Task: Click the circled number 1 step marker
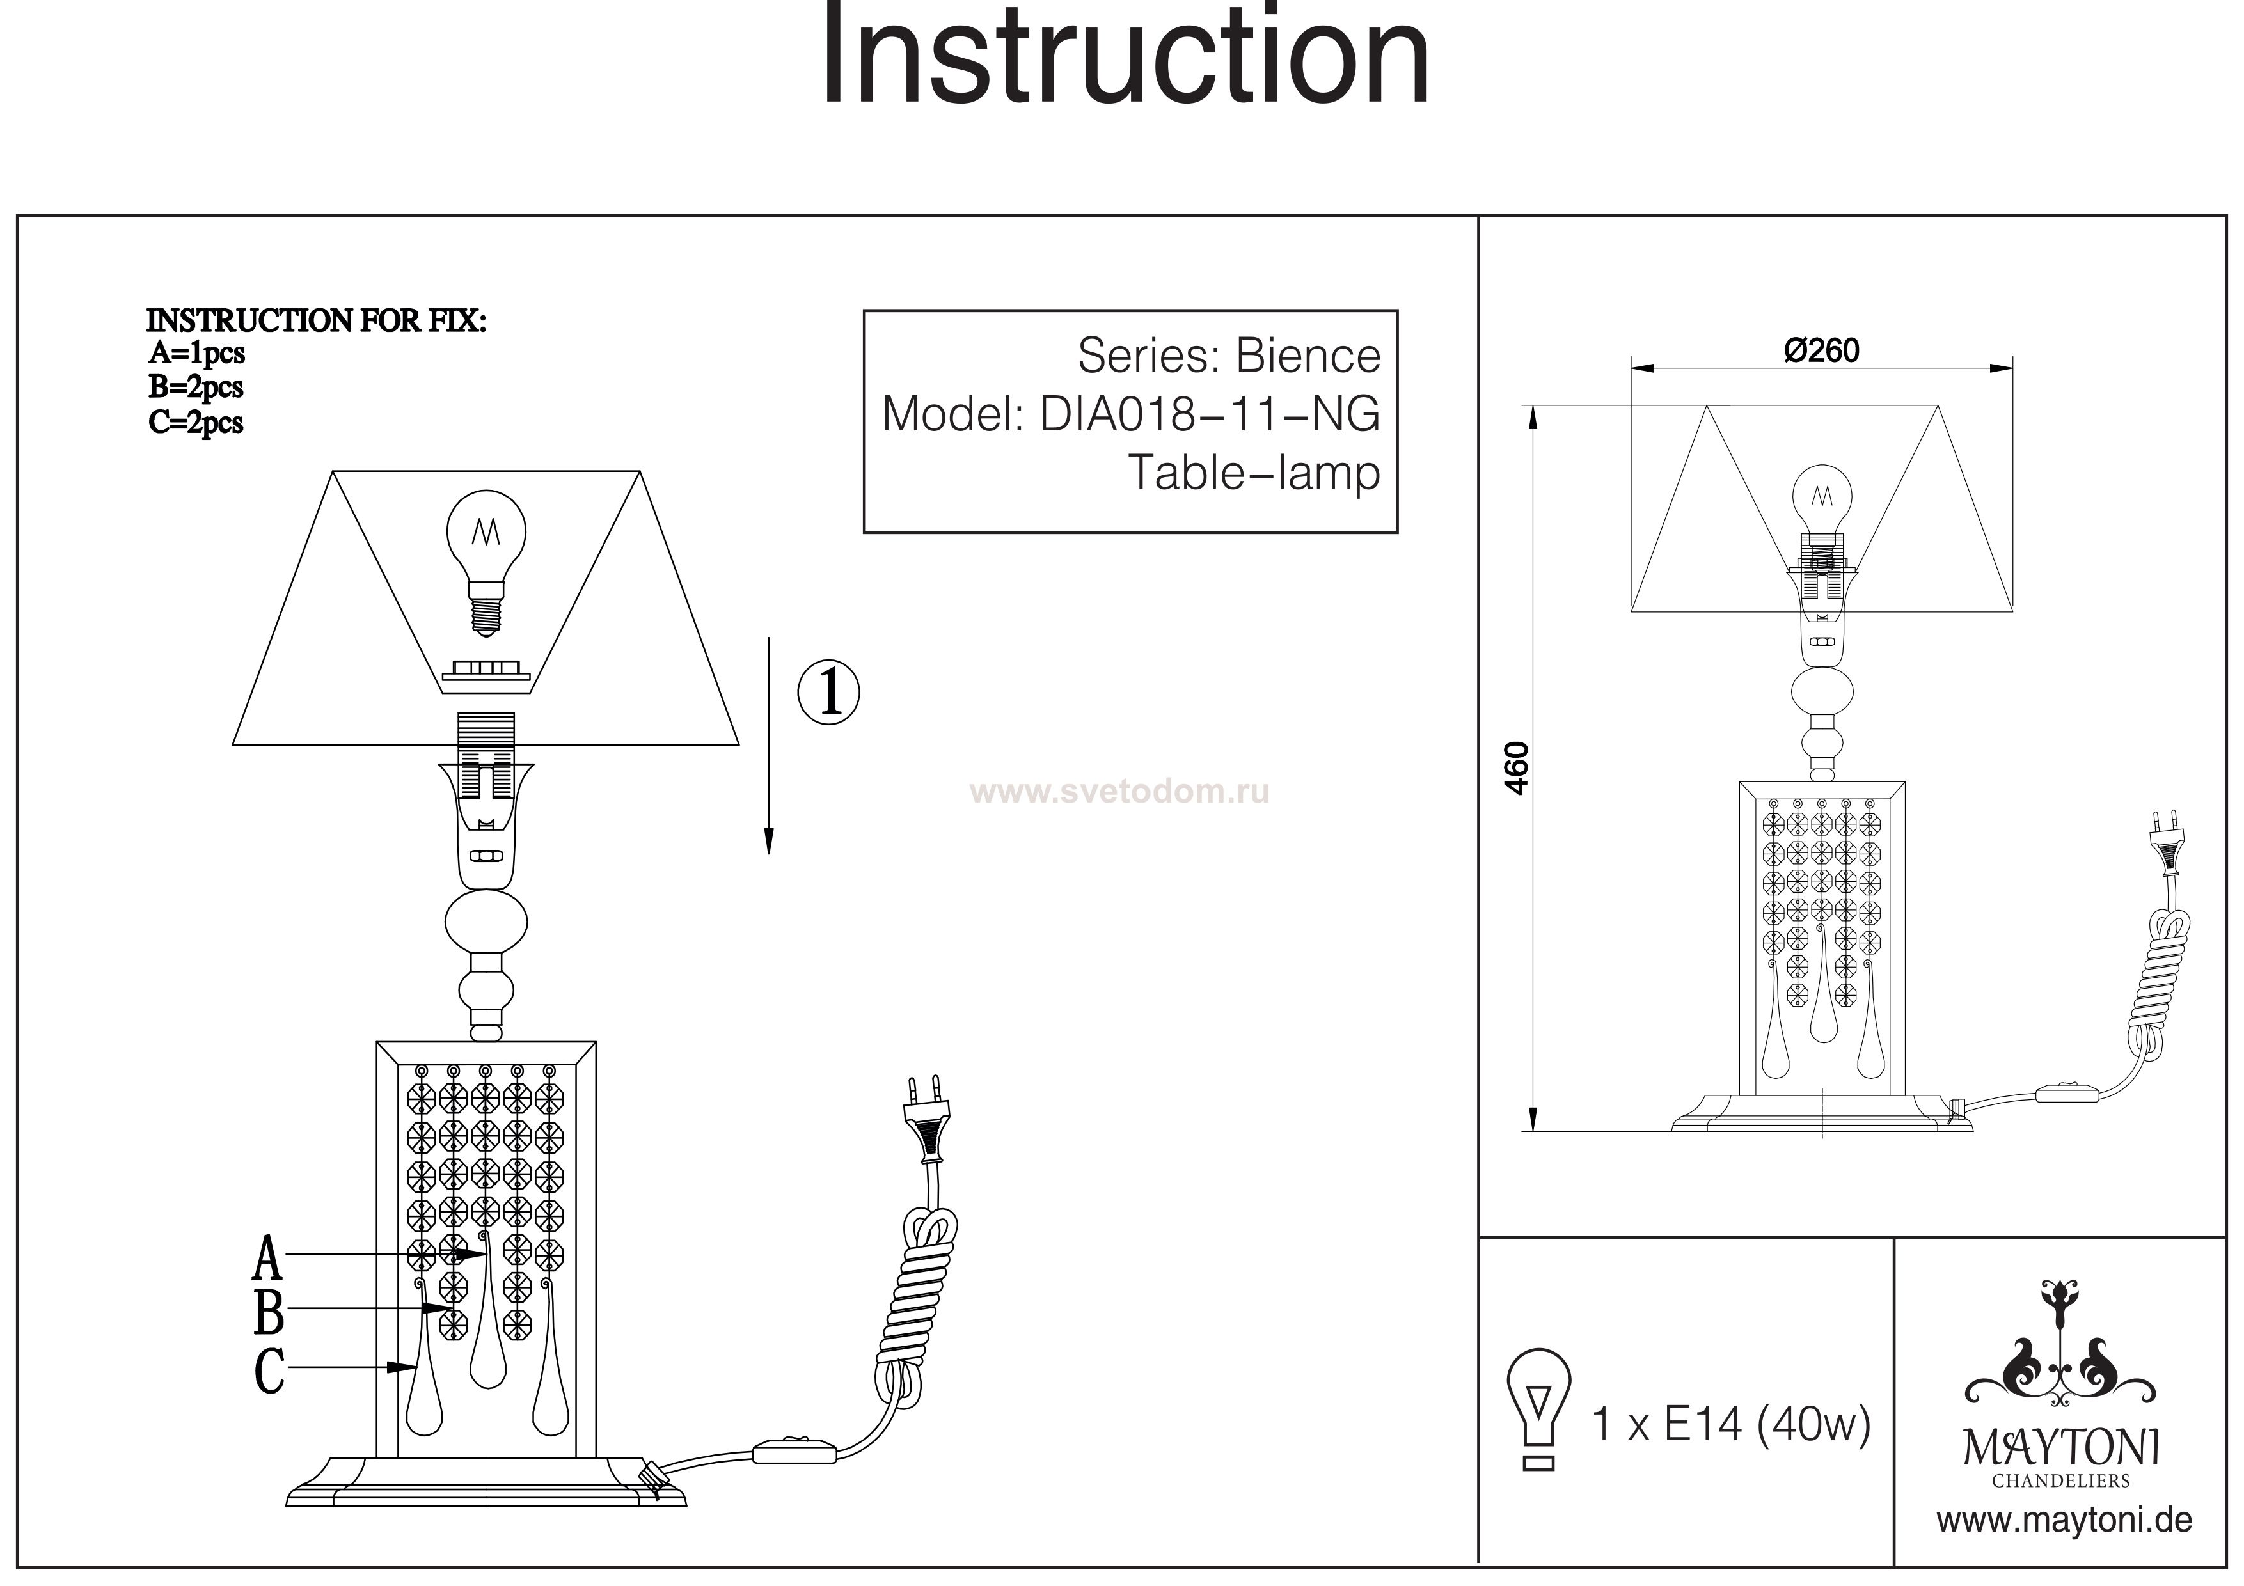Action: pyautogui.click(x=829, y=692)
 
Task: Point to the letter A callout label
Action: pyautogui.click(x=268, y=1259)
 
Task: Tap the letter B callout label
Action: pyautogui.click(x=269, y=1312)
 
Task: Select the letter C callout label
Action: pyautogui.click(x=269, y=1371)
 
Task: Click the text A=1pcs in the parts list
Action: pyautogui.click(x=196, y=353)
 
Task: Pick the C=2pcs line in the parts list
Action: pyautogui.click(x=196, y=423)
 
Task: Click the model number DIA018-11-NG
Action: pyautogui.click(x=1209, y=414)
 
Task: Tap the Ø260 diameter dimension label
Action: pyautogui.click(x=1821, y=351)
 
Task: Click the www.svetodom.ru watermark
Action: pyautogui.click(x=1120, y=790)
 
